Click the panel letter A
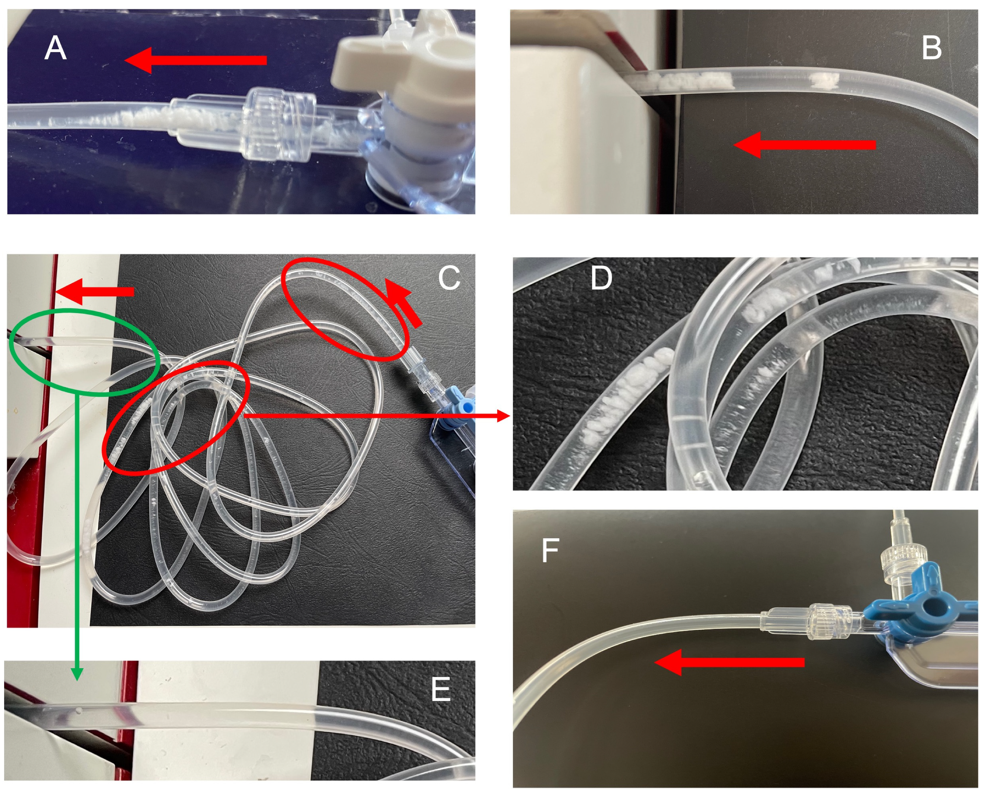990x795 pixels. pos(56,48)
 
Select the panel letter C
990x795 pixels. pos(449,278)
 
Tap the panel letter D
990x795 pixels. pos(601,278)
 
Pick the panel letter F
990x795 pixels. pos(550,550)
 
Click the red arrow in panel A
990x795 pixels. pos(195,60)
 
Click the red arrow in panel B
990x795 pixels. pos(803,145)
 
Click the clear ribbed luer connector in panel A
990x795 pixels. pos(276,124)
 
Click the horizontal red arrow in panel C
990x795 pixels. pos(94,292)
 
